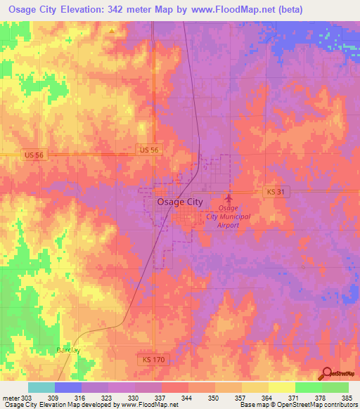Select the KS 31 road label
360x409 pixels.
click(x=278, y=192)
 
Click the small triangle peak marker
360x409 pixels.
click(x=112, y=31)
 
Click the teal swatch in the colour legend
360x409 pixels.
click(x=41, y=387)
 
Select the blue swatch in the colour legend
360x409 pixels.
click(x=68, y=387)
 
